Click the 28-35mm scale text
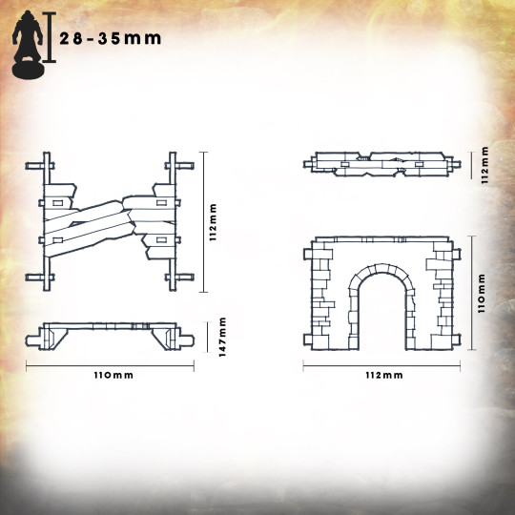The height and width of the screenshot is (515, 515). (x=111, y=39)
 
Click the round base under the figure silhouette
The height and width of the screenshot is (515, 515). (x=28, y=70)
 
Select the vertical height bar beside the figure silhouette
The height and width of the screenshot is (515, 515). (x=50, y=37)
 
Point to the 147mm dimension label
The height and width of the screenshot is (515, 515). (x=222, y=337)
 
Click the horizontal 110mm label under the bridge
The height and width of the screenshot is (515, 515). (x=113, y=376)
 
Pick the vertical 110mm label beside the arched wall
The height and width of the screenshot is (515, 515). (x=482, y=294)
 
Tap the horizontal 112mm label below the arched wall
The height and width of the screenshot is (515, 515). (x=384, y=376)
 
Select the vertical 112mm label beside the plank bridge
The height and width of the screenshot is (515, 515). (x=214, y=222)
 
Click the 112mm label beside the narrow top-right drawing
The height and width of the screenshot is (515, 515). (x=484, y=165)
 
